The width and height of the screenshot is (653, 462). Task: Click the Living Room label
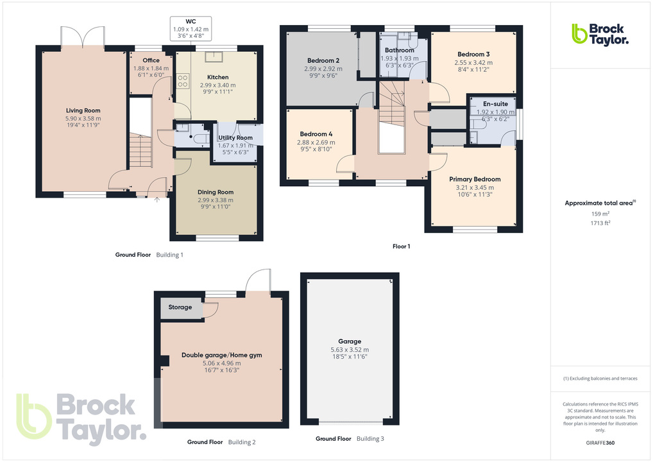[x=83, y=110]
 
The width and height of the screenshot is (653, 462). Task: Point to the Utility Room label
[x=235, y=138]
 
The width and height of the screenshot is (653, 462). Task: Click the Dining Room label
[x=216, y=192]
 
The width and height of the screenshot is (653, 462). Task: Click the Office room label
[x=151, y=60]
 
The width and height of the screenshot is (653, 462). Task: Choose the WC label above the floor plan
[x=191, y=21]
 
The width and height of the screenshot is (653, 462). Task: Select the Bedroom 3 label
[x=473, y=54]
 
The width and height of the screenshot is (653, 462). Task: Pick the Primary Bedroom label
[x=475, y=179]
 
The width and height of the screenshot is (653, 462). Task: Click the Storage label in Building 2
[x=180, y=307]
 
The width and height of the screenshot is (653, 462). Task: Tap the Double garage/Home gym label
[x=221, y=355]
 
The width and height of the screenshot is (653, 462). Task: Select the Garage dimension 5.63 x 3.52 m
[x=350, y=349]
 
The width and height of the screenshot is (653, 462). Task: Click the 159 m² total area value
[x=600, y=214]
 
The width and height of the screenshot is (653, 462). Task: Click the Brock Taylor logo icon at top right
[x=579, y=33]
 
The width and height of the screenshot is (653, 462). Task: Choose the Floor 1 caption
[x=401, y=246]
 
